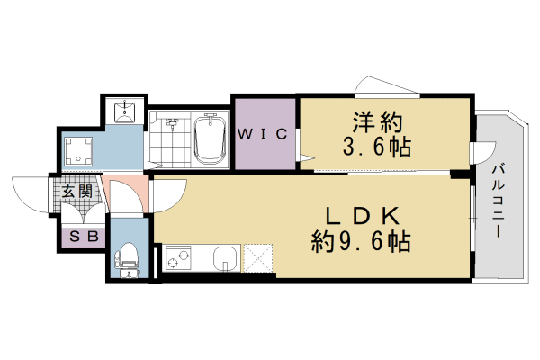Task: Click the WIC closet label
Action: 262,135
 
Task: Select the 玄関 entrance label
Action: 77,191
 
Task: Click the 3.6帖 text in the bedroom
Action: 375,148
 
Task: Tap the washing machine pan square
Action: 82,151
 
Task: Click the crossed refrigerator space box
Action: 258,259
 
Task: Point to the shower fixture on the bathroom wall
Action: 171,121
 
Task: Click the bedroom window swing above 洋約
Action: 387,86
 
